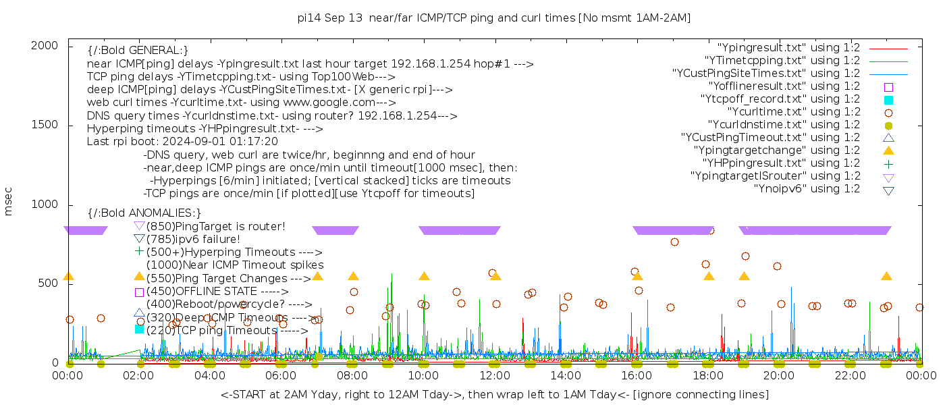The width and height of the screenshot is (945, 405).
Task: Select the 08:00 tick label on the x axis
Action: coord(352,375)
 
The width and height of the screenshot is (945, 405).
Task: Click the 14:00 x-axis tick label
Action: coord(565,375)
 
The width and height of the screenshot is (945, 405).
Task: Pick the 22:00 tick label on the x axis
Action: coord(849,375)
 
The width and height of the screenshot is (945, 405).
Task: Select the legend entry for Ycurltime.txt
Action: coord(793,112)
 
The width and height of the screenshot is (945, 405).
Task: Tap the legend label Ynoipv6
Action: coord(807,189)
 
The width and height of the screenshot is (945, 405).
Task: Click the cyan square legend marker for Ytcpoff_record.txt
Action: coord(888,99)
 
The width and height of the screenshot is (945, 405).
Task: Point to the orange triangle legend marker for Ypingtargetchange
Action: coord(888,150)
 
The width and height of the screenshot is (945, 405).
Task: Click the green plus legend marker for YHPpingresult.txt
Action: coord(888,163)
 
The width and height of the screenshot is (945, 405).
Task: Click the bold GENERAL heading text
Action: coord(138,51)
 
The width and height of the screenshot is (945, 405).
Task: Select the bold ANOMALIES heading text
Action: coord(144,213)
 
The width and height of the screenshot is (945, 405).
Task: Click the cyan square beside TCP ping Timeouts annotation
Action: coord(139,329)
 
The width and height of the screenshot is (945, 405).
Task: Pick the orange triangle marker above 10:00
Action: coord(424,276)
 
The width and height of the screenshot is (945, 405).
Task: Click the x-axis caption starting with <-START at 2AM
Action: coord(494,394)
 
